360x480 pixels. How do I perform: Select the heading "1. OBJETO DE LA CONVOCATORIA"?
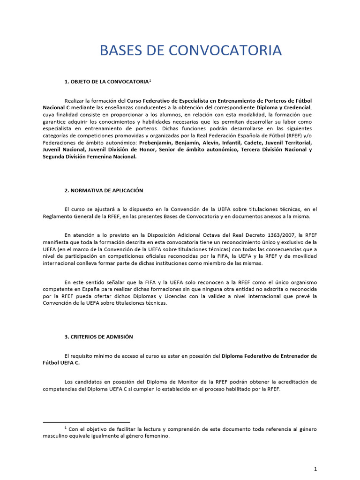pos(106,82)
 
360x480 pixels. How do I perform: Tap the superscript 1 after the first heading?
pos(150,81)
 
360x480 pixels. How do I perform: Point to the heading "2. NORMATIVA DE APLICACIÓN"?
pos(104,190)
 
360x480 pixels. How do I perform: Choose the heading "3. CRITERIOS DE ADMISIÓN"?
pos(99,337)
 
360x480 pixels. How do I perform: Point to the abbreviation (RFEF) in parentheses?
pos(279,135)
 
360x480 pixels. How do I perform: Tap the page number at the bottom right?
pos(315,456)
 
